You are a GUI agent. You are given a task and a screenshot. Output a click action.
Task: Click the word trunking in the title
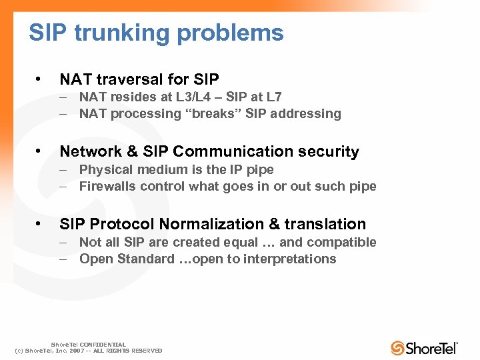114,33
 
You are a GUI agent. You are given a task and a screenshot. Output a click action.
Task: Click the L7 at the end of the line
273,97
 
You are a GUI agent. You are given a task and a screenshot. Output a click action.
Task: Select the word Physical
105,169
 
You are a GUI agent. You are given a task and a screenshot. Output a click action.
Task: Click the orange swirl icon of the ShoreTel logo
397,347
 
